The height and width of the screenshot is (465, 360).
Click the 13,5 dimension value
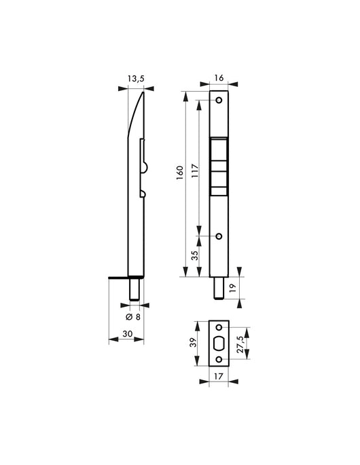pos(136,79)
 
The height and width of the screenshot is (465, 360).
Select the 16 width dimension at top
pos(219,79)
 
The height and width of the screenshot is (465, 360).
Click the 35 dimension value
pos(194,257)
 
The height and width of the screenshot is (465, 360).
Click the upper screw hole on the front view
pos(219,100)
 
